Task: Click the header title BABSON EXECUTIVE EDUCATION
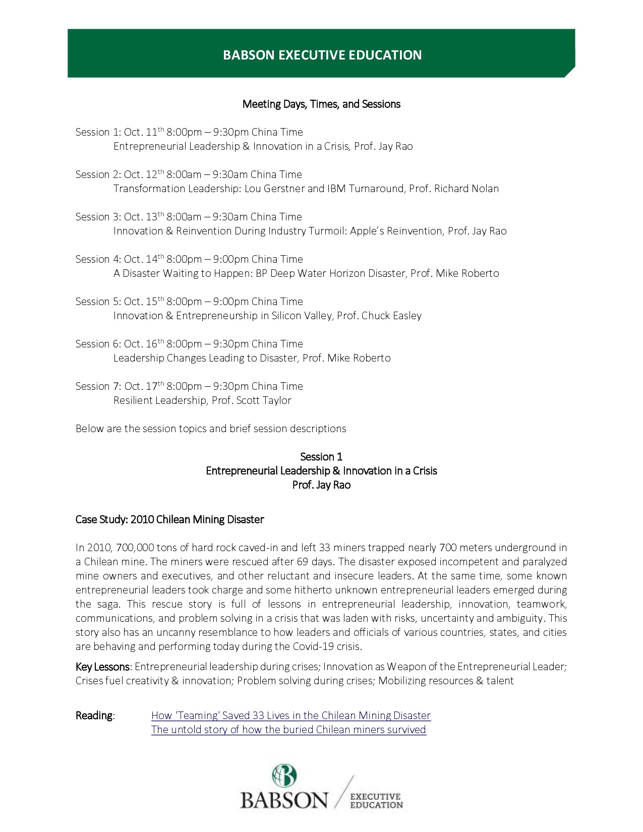tap(322, 55)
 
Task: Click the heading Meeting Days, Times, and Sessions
tap(321, 104)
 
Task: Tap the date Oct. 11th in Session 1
tap(144, 132)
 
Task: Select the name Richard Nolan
tap(466, 189)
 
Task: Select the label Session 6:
tap(98, 344)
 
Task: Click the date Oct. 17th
tap(144, 386)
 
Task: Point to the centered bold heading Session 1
tap(321, 457)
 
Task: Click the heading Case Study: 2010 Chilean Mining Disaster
tap(169, 519)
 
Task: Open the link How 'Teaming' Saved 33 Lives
tap(291, 716)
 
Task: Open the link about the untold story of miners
tap(288, 730)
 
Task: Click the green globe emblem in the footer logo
tap(284, 776)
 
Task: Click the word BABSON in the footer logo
tap(284, 800)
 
